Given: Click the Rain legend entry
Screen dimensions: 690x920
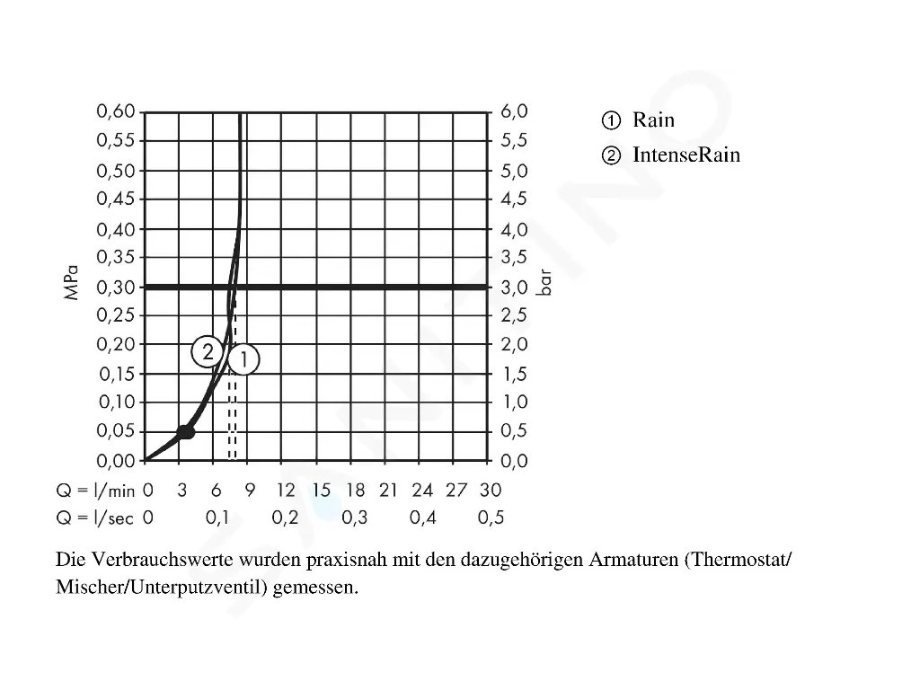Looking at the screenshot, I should pyautogui.click(x=652, y=120).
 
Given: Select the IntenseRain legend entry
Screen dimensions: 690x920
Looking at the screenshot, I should pyautogui.click(x=686, y=155).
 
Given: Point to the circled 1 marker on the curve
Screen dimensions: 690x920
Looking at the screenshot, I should pyautogui.click(x=243, y=360).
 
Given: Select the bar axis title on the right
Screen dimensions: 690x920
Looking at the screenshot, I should pyautogui.click(x=545, y=286).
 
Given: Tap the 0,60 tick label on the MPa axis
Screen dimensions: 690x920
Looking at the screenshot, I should pyautogui.click(x=116, y=111).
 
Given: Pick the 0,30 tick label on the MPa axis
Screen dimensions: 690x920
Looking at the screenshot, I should pyautogui.click(x=116, y=287).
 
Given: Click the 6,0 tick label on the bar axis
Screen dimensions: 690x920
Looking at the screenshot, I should pyautogui.click(x=514, y=111).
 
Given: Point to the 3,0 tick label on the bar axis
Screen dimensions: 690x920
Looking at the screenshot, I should pyautogui.click(x=514, y=287).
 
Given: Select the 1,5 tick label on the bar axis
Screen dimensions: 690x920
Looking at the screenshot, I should pyautogui.click(x=514, y=375).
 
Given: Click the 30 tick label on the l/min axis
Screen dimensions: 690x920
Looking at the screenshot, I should pyautogui.click(x=491, y=491).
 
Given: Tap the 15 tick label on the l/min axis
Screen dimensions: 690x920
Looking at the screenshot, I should pyautogui.click(x=321, y=491).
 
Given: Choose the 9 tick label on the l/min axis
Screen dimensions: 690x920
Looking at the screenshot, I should pyautogui.click(x=250, y=491).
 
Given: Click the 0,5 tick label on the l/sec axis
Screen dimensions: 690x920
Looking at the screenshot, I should pyautogui.click(x=491, y=517).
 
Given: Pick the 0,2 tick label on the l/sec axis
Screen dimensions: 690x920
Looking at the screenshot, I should pyautogui.click(x=285, y=517).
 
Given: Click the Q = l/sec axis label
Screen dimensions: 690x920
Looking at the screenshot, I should pyautogui.click(x=94, y=517).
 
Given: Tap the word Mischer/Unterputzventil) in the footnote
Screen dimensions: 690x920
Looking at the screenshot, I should pyautogui.click(x=160, y=588).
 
